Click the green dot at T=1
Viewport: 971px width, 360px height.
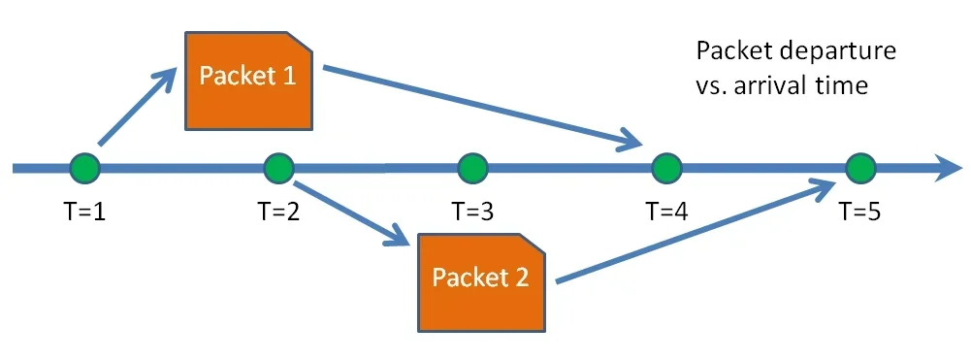coord(85,168)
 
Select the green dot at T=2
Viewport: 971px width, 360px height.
coord(278,168)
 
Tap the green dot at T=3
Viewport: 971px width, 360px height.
coord(472,168)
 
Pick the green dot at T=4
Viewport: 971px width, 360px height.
coord(666,168)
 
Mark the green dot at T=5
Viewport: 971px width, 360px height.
coord(859,168)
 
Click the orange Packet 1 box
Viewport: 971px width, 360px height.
coord(248,79)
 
